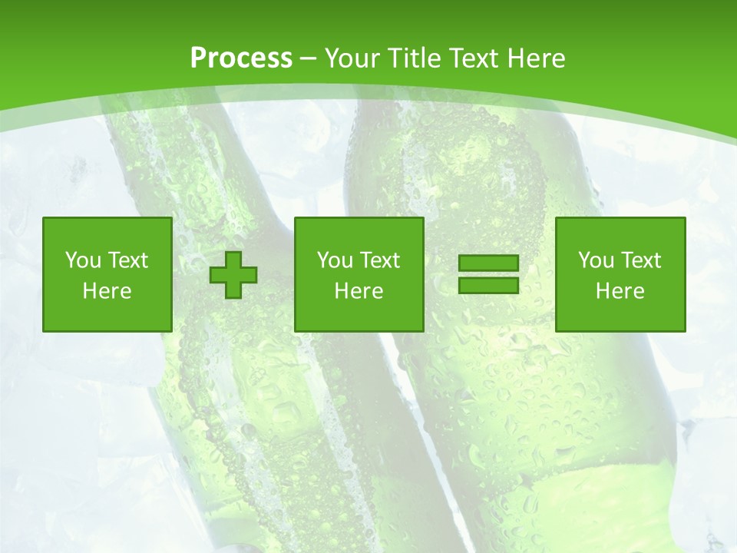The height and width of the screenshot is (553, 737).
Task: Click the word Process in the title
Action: (x=241, y=58)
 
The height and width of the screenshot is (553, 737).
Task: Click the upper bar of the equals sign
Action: (x=488, y=263)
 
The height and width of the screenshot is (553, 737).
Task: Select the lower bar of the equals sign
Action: (x=488, y=285)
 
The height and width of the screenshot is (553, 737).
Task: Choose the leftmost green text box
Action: (x=107, y=274)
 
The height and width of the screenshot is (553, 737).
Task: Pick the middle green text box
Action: (x=359, y=274)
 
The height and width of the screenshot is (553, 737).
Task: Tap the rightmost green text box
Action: (x=620, y=274)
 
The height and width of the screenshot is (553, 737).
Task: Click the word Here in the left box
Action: (x=107, y=291)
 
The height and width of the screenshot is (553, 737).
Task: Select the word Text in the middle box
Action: (x=379, y=260)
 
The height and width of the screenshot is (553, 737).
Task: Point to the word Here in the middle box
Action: (x=359, y=291)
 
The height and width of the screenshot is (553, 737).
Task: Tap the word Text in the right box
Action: (x=640, y=260)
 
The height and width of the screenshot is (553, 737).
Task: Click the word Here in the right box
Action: (x=620, y=291)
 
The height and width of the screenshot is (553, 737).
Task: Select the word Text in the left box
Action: (x=127, y=260)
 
